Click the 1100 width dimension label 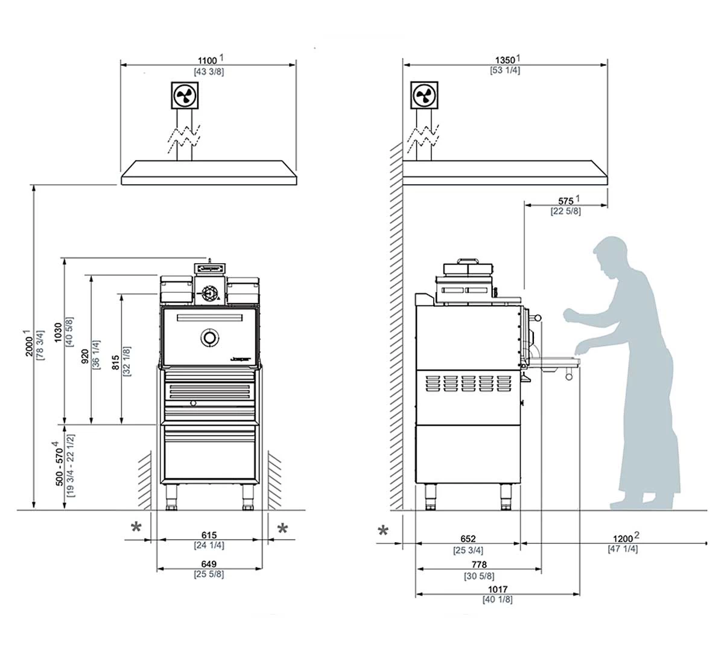click(x=208, y=60)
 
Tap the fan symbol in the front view click(x=183, y=95)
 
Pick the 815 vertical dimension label click(x=116, y=362)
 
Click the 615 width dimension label click(x=209, y=535)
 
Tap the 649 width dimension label click(x=209, y=564)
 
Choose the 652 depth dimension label click(x=468, y=539)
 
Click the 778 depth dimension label click(x=479, y=565)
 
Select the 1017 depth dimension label click(x=498, y=589)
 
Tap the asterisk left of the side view click(x=383, y=531)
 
